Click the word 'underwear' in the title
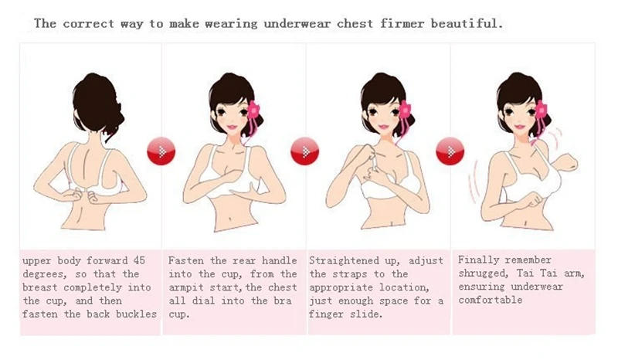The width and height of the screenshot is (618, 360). tap(297, 23)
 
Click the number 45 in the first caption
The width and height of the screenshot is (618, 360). tap(137, 260)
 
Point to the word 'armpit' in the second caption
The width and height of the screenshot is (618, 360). tap(187, 287)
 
